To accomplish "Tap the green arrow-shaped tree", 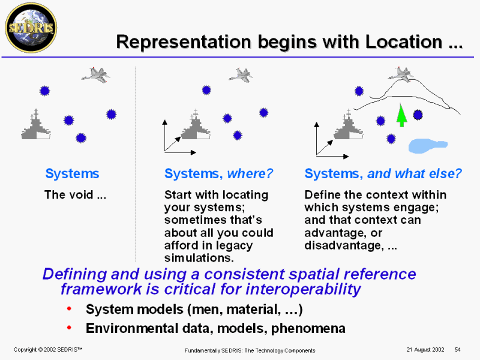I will [401, 115].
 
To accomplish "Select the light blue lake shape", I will [427, 145].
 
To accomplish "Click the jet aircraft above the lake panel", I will [400, 74].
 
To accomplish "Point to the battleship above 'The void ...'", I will [36, 127].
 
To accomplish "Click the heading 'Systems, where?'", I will [218, 174].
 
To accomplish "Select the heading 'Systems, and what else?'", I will [383, 174].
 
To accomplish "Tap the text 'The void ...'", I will [76, 195].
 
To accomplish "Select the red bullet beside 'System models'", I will [70, 309].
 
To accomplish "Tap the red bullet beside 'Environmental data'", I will [70, 328].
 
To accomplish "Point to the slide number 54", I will [457, 349].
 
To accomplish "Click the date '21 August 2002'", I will [424, 349].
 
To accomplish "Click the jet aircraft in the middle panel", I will [241, 75].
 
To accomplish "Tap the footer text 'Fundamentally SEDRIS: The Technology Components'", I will [249, 350].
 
